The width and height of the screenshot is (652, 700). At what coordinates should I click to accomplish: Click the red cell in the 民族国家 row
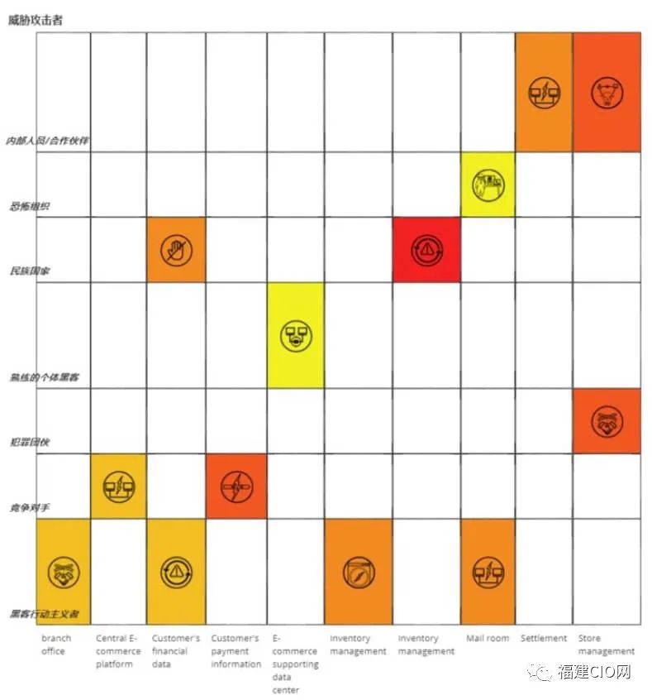[x=426, y=249]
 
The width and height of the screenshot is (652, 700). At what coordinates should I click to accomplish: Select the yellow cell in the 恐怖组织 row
[x=488, y=185]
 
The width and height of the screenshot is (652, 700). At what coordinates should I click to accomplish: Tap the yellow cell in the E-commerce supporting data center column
[x=295, y=335]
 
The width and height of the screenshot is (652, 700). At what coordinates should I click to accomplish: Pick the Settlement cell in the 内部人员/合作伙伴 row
[x=544, y=92]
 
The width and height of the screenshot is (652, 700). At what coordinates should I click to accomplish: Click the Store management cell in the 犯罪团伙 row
[x=607, y=421]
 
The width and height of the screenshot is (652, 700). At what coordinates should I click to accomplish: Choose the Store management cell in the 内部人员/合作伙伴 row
[x=607, y=92]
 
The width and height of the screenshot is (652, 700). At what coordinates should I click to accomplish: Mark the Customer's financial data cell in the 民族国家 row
[x=176, y=249]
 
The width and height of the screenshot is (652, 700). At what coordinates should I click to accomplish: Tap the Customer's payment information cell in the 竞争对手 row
[x=236, y=487]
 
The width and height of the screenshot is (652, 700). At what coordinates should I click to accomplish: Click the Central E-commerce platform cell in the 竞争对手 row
[x=118, y=487]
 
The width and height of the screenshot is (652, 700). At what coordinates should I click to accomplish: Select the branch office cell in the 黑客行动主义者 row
[x=63, y=571]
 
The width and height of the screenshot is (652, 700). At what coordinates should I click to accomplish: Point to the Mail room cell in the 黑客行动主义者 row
[x=488, y=571]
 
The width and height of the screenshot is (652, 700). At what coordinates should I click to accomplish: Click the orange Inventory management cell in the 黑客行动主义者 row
[x=358, y=571]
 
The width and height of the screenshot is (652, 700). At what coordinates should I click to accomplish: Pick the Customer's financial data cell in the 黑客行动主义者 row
[x=176, y=571]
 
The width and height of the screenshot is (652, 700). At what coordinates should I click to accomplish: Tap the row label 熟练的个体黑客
[x=38, y=377]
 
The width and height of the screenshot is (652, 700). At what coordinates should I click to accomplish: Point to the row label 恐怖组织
[x=29, y=205]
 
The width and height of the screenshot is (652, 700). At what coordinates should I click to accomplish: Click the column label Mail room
[x=488, y=639]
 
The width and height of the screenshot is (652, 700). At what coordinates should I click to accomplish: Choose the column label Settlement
[x=544, y=639]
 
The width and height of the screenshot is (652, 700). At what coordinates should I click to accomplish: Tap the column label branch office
[x=56, y=645]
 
